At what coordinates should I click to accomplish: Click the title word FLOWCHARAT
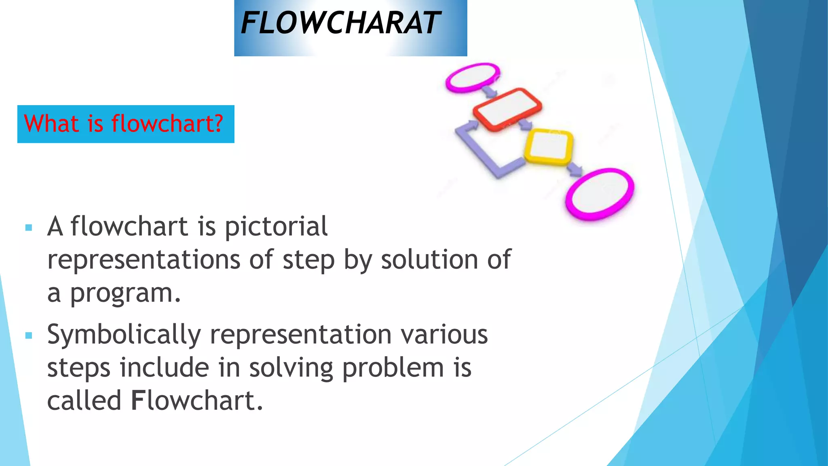(340, 23)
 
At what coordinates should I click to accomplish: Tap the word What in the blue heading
(51, 124)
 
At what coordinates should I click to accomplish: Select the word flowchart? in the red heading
(167, 124)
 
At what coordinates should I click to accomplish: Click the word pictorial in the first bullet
(276, 227)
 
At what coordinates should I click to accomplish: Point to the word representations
(144, 260)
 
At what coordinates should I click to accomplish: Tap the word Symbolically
(124, 335)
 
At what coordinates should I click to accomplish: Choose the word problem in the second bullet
(393, 369)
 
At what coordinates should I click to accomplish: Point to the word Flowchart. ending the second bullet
(197, 401)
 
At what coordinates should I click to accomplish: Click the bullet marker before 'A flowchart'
(28, 228)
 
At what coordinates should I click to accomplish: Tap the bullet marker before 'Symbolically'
(28, 335)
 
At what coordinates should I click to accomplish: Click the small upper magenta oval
(472, 77)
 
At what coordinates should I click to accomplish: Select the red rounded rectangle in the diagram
(507, 108)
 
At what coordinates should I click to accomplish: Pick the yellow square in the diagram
(549, 146)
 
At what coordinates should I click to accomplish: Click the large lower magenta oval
(600, 194)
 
